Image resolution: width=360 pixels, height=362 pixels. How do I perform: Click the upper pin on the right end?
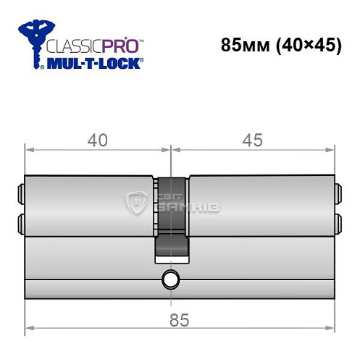pos(337,193)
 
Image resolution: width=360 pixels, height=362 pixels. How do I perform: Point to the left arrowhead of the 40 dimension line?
pos(30,152)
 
